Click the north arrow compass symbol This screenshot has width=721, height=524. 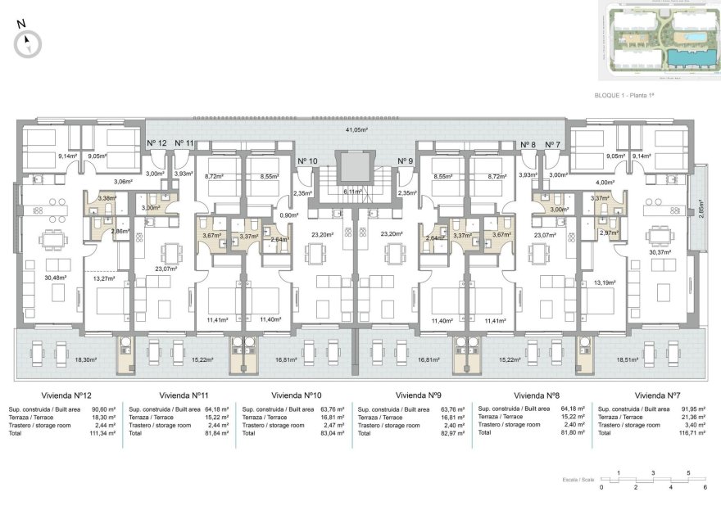(29, 42)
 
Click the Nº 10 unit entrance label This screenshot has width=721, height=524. (307, 160)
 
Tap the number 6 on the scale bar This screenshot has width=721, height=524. (705, 487)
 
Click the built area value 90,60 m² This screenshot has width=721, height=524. (103, 409)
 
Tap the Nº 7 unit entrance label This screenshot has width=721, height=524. (553, 144)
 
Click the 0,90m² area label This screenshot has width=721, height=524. (287, 215)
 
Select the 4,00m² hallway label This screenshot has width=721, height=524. (605, 182)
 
